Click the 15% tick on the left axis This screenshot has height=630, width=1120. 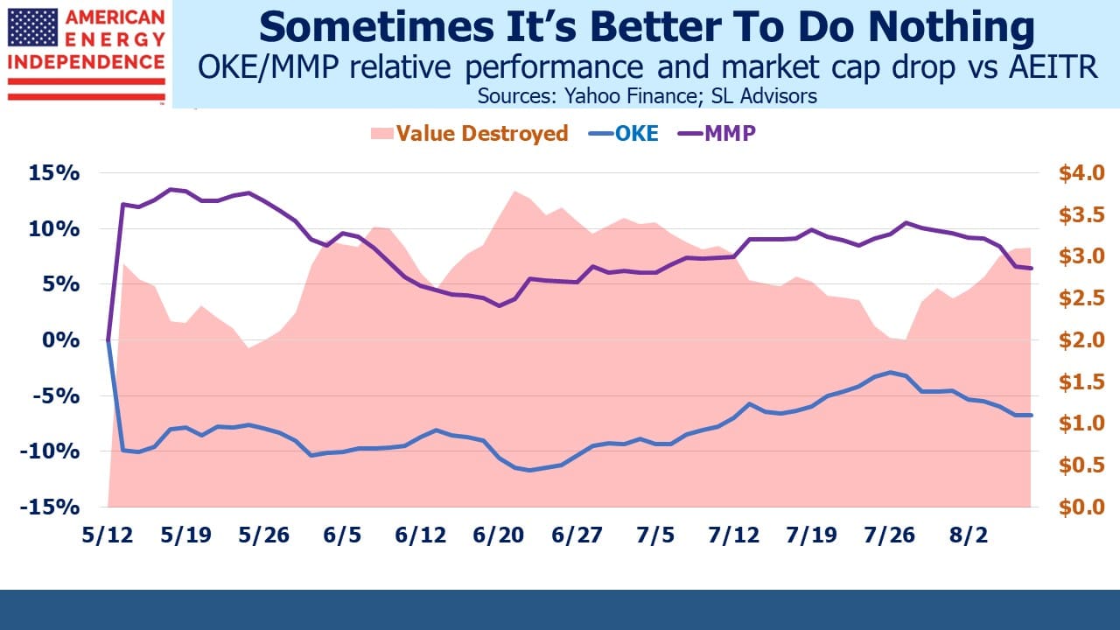pos(54,173)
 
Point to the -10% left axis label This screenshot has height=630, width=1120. pos(50,452)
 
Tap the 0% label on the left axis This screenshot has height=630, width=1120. pos(60,340)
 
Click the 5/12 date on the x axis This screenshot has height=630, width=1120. pos(108,535)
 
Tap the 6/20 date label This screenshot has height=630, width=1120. pos(499,535)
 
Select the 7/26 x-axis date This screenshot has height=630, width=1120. pos(890,535)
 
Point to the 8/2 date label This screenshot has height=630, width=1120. pos(969,535)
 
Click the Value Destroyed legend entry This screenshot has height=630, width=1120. pos(470,134)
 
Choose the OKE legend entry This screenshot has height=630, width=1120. pos(624,134)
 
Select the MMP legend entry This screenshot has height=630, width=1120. pos(717,134)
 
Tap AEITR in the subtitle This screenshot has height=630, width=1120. pos(1053,67)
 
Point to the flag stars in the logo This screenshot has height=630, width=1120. pos(32,27)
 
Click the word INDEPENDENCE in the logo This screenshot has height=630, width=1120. pos(87,62)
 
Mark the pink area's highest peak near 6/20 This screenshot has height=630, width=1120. pos(514,191)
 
